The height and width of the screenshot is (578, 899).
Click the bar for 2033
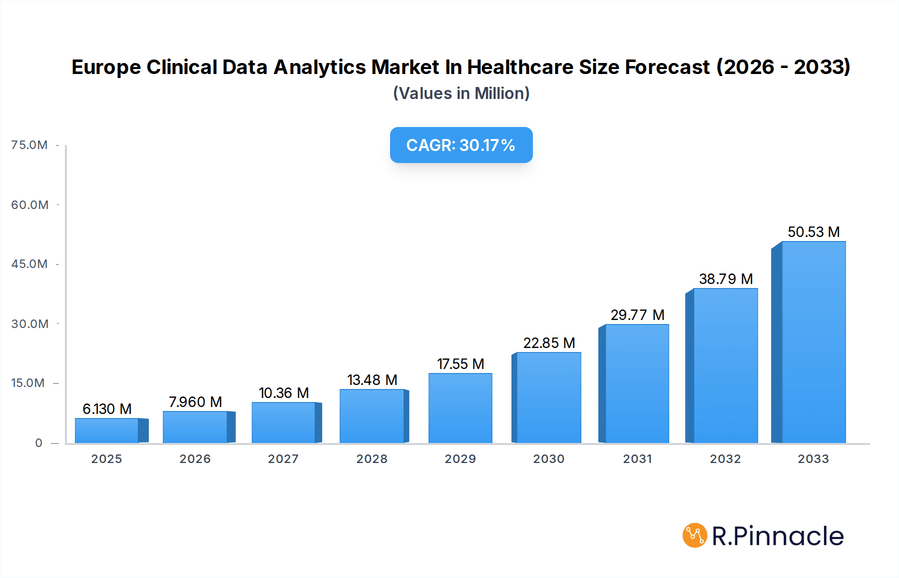pyautogui.click(x=813, y=342)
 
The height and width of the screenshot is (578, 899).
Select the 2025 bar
pyautogui.click(x=107, y=430)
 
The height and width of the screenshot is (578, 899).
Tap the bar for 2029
pyautogui.click(x=460, y=408)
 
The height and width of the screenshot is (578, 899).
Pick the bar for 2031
pyautogui.click(x=637, y=383)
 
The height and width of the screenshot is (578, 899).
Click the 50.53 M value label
pyautogui.click(x=814, y=232)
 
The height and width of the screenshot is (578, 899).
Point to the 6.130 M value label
pyautogui.click(x=107, y=409)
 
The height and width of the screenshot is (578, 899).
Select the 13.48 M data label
pyautogui.click(x=372, y=380)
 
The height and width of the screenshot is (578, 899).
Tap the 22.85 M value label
pyautogui.click(x=549, y=343)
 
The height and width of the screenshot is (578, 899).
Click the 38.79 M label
pyautogui.click(x=726, y=279)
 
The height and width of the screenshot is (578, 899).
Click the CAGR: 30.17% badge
pyautogui.click(x=461, y=145)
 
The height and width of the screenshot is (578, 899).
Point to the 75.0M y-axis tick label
pyautogui.click(x=29, y=145)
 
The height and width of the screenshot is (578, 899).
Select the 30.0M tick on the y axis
pyautogui.click(x=29, y=324)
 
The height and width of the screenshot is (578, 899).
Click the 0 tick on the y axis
pyautogui.click(x=38, y=443)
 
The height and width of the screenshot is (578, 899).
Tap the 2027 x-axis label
pyautogui.click(x=283, y=459)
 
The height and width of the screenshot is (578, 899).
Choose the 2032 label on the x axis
pyautogui.click(x=725, y=459)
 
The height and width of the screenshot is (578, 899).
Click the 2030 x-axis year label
pyautogui.click(x=548, y=459)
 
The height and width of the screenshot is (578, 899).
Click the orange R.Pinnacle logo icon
pyautogui.click(x=694, y=535)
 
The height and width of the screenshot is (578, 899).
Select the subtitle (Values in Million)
pyautogui.click(x=461, y=93)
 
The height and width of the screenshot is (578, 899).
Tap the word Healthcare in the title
pyautogui.click(x=519, y=67)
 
